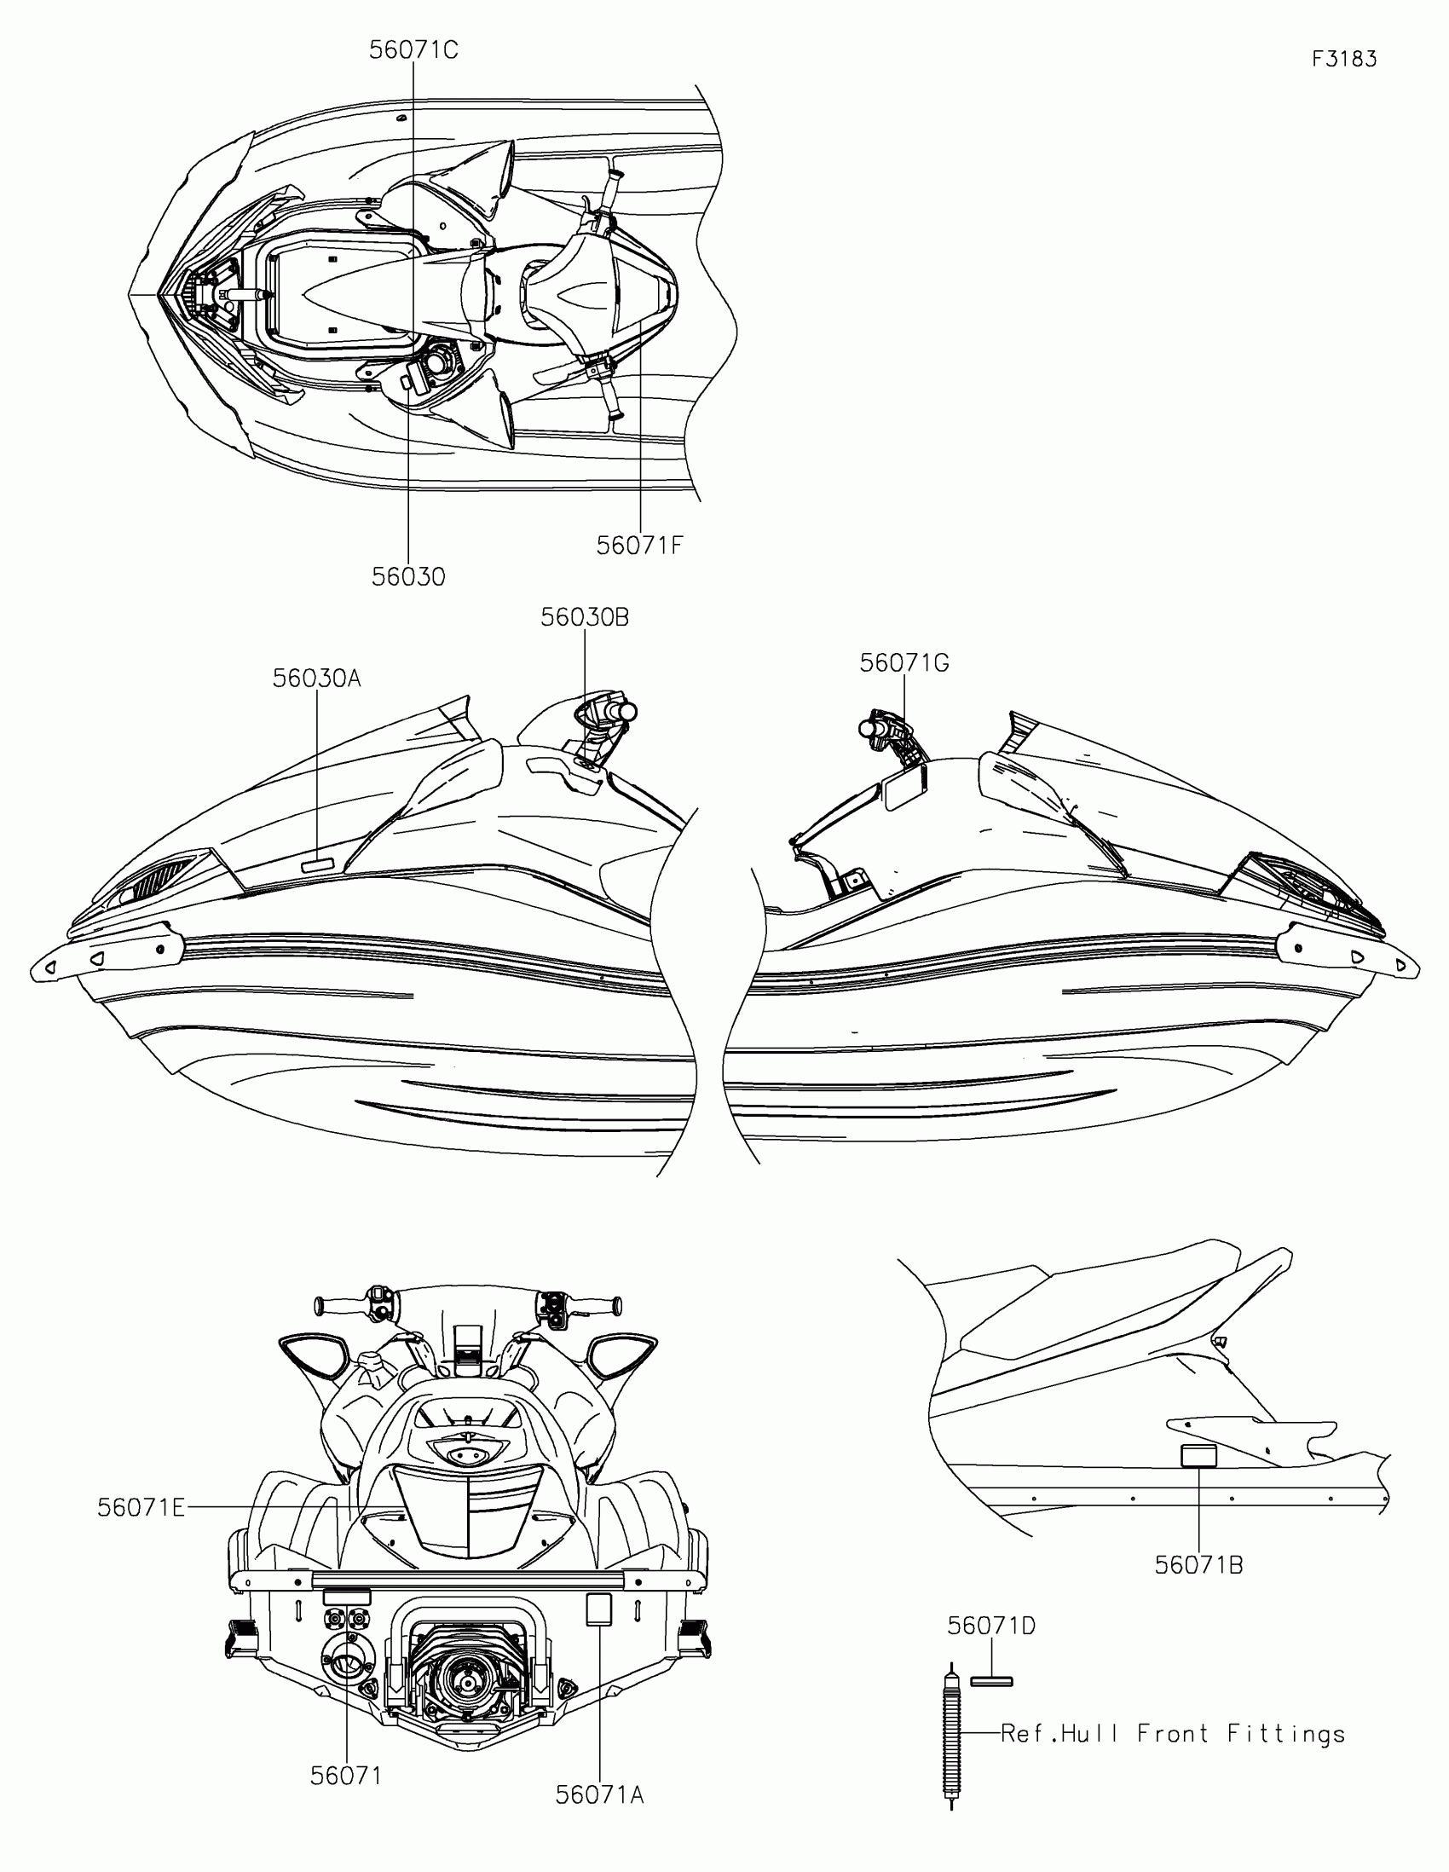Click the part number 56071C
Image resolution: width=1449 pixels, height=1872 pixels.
pos(413,50)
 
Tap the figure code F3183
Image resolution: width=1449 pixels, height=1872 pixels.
pos(1343,59)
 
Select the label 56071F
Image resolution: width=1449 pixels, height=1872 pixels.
pos(639,545)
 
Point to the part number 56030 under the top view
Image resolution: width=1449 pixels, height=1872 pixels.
pos(408,577)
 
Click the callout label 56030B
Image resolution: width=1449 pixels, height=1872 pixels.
pos(585,617)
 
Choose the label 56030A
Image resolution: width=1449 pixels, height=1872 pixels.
pos(316,678)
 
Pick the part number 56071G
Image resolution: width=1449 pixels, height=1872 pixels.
pos(904,662)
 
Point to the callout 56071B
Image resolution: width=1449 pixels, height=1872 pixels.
pos(1198,1564)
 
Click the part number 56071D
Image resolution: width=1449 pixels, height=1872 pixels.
pos(990,1625)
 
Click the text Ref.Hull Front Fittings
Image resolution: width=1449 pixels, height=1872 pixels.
pos(1172,1733)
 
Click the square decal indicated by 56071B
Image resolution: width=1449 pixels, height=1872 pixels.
pos(1198,1456)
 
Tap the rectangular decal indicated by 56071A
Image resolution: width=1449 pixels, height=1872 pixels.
pos(598,1609)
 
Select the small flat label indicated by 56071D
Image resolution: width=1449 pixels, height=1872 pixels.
pos(991,1681)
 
